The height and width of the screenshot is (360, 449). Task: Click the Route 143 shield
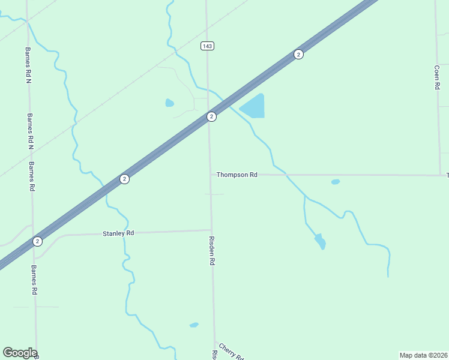pyautogui.click(x=207, y=46)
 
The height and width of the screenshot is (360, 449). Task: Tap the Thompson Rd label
pyautogui.click(x=237, y=175)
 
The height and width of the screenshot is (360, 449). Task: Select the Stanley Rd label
pyautogui.click(x=118, y=233)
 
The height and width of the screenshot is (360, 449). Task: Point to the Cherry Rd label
pyautogui.click(x=231, y=352)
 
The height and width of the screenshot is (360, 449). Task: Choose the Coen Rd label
pyautogui.click(x=437, y=77)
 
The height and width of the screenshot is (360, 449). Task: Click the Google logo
pyautogui.click(x=20, y=353)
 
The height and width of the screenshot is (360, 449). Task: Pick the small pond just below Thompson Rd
pyautogui.click(x=335, y=182)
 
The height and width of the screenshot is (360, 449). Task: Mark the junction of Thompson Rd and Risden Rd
pyautogui.click(x=210, y=175)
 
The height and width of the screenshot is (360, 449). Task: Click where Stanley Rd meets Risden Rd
pyautogui.click(x=211, y=230)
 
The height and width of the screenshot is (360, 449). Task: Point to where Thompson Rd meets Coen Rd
pyautogui.click(x=441, y=175)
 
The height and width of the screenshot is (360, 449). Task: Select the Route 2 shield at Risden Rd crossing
pyautogui.click(x=211, y=116)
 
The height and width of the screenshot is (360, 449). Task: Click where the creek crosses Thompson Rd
pyautogui.click(x=286, y=175)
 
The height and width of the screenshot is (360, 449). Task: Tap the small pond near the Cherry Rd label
pyautogui.click(x=193, y=325)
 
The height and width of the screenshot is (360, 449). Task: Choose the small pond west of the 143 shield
pyautogui.click(x=169, y=103)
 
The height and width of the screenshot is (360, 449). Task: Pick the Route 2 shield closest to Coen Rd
pyautogui.click(x=298, y=55)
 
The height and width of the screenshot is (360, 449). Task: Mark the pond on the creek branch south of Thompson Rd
pyautogui.click(x=320, y=241)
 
